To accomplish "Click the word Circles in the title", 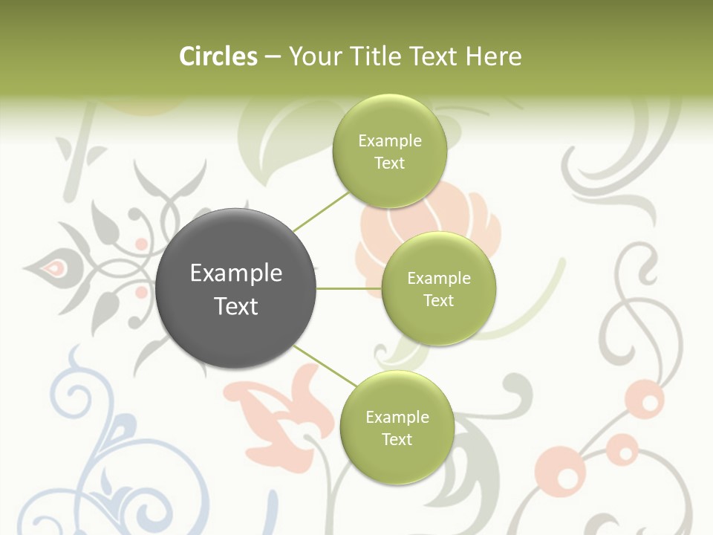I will [218, 56].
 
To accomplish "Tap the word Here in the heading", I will [494, 56].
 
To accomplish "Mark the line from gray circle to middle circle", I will [348, 288].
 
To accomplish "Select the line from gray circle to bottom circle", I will [325, 365].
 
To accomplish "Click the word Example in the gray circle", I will [236, 273].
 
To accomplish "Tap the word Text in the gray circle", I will [236, 306].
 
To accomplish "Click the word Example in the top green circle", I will [389, 141].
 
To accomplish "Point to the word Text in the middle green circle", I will [438, 301].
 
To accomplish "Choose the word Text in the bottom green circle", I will [397, 440].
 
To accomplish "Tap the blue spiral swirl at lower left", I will [71, 394].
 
